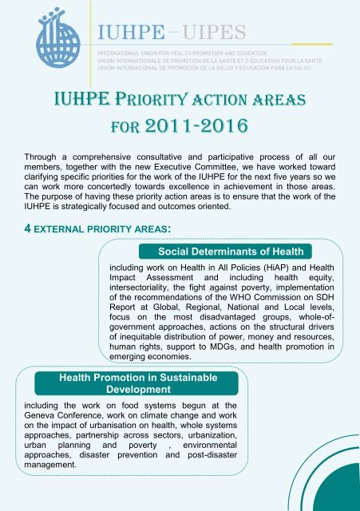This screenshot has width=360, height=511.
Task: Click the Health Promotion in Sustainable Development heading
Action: tap(117, 381)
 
